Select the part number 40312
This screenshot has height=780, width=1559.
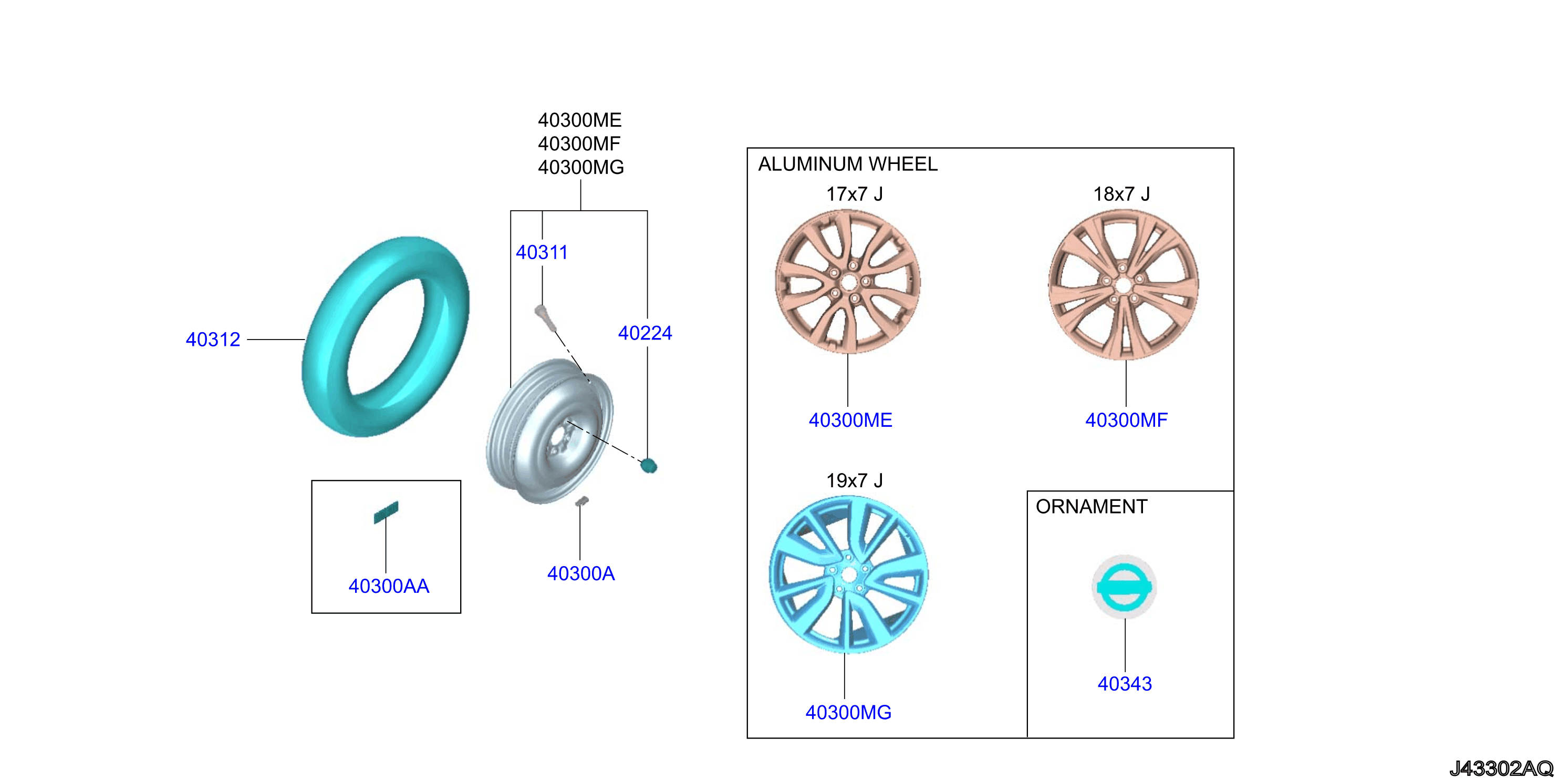coord(213,340)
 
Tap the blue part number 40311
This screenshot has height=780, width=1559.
coord(542,252)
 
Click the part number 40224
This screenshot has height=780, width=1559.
coord(645,333)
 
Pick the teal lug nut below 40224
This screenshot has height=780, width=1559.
coord(649,465)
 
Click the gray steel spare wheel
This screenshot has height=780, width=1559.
coord(549,431)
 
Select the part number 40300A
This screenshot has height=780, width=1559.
coord(581,573)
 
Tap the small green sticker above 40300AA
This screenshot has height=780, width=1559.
coord(386,512)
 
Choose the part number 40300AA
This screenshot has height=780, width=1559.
coord(389,586)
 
